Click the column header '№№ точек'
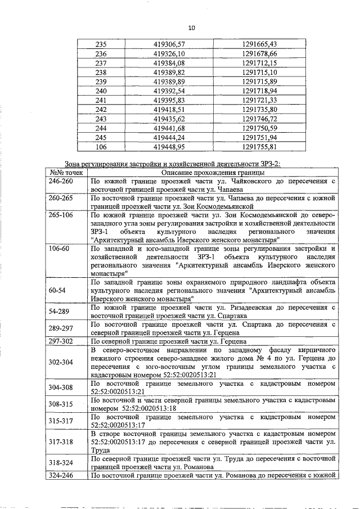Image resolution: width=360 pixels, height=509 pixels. click(x=66, y=173)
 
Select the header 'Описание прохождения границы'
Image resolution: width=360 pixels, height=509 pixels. click(x=213, y=173)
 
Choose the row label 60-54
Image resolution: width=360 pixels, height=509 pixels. click(x=57, y=290)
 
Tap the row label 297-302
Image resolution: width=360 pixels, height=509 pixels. click(x=60, y=341)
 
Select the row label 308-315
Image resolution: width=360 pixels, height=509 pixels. click(x=60, y=404)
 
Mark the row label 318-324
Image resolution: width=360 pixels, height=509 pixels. click(x=60, y=462)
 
